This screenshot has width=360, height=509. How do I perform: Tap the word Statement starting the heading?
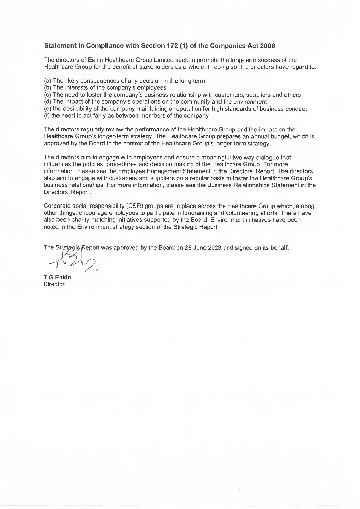click(59, 46)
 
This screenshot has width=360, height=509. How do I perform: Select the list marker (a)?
click(48, 81)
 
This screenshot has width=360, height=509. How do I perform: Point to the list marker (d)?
click(48, 102)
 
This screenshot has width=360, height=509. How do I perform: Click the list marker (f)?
click(47, 116)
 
